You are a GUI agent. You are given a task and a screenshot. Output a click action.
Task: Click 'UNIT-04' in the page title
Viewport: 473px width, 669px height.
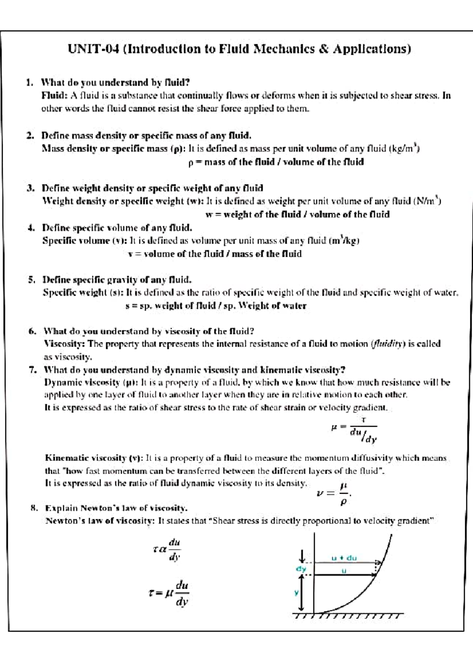pyautogui.click(x=93, y=49)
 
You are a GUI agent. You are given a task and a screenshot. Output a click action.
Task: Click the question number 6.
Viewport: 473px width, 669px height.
pyautogui.click(x=32, y=331)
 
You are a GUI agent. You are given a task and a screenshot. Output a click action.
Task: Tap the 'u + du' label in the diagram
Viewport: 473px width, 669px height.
pyautogui.click(x=344, y=558)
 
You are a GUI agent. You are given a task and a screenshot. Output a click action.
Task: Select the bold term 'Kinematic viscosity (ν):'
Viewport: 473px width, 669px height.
pyautogui.click(x=94, y=458)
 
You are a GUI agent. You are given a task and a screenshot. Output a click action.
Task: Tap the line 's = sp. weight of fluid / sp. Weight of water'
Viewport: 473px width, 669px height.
pyautogui.click(x=216, y=306)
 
